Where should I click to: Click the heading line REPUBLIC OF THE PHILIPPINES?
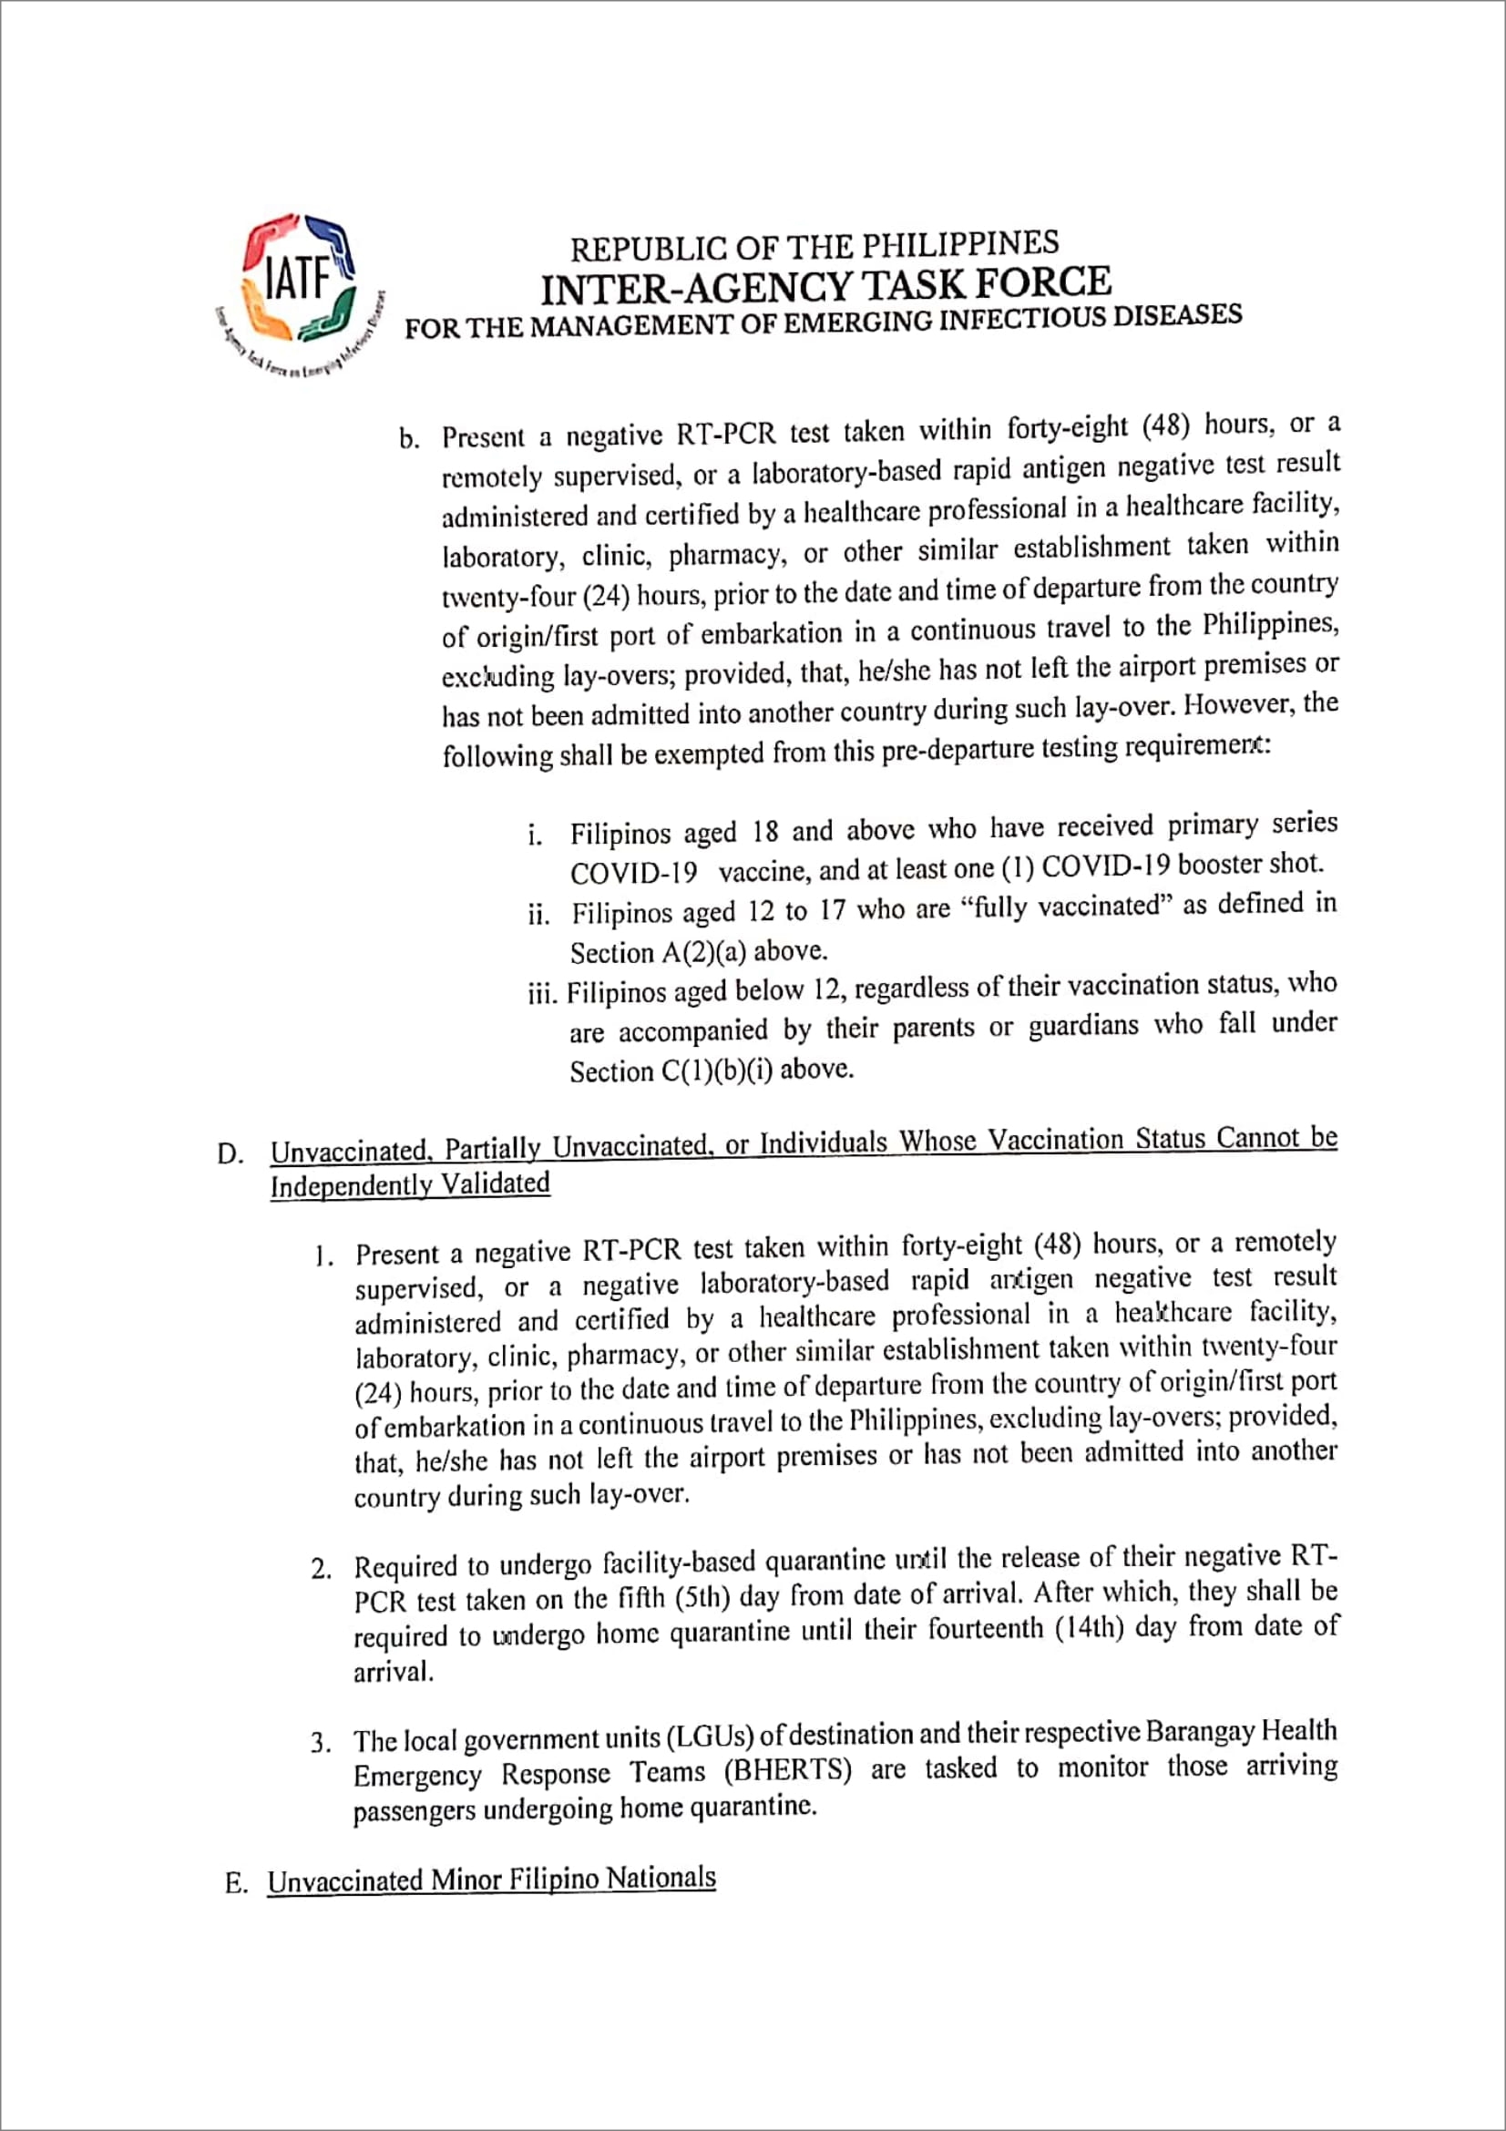coord(814,246)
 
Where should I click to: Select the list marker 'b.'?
coord(409,439)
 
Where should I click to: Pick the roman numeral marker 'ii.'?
coord(539,916)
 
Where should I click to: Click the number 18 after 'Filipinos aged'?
coord(764,832)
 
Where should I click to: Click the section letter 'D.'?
coord(231,1153)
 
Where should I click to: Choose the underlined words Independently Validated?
coord(409,1185)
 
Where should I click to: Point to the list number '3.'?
coord(320,1742)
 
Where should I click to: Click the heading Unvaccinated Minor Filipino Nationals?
coord(491,1880)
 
